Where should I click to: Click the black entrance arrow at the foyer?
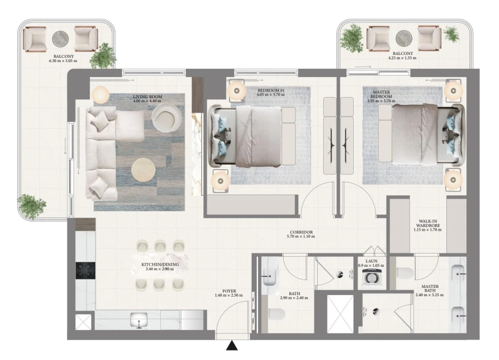click(232, 347)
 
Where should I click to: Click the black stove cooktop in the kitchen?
click(85, 270)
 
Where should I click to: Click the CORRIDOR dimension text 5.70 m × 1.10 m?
click(301, 237)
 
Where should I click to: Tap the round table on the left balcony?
click(60, 39)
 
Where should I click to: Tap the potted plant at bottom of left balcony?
click(32, 205)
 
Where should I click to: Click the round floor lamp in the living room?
click(101, 95)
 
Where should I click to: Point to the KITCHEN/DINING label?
click(160, 265)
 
